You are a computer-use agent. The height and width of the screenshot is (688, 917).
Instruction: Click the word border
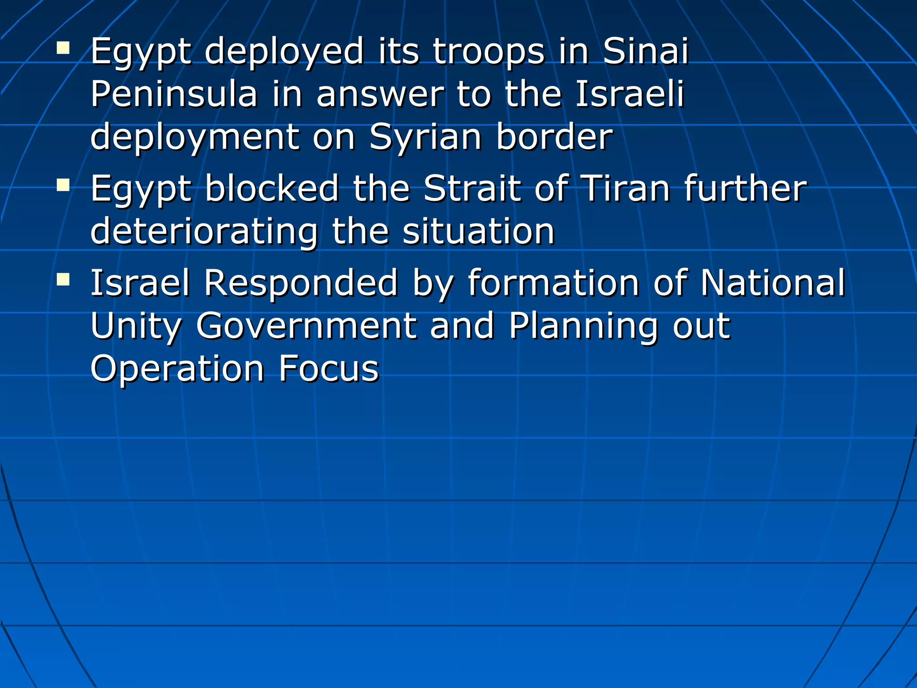pos(554,137)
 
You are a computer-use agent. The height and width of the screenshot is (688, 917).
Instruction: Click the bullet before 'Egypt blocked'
pos(63,185)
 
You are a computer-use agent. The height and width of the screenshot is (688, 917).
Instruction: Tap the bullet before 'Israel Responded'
pos(63,280)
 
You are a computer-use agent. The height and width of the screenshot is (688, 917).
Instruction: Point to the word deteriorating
pos(204,232)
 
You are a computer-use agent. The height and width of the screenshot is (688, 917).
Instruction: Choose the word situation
pos(478,231)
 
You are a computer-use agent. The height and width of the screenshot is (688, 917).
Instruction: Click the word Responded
pos(300,283)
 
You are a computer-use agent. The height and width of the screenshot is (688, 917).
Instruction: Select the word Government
pos(306,326)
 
